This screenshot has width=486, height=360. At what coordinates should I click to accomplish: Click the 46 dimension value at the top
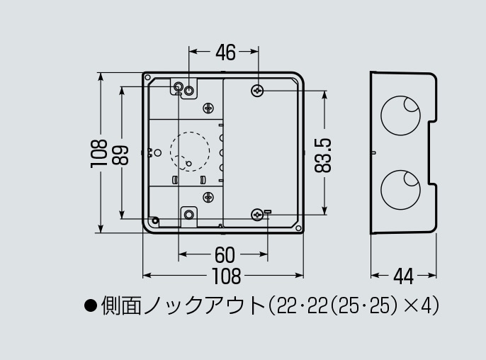[x=225, y=52]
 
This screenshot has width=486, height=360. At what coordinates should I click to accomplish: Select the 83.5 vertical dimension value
[x=323, y=155]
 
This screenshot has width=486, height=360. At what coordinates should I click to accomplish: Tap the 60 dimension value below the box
[x=225, y=255]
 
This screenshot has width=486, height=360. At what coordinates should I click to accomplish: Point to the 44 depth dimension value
[x=403, y=276]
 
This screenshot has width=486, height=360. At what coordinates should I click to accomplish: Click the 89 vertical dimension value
[x=120, y=155]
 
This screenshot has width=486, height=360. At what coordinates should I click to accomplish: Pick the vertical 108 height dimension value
[x=99, y=154]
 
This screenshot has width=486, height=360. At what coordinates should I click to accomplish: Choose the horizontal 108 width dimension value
[x=226, y=276]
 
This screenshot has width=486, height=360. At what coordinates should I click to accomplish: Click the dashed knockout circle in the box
[x=190, y=152]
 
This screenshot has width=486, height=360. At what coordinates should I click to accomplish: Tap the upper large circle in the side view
[x=400, y=116]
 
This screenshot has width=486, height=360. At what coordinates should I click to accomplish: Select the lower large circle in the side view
[x=400, y=189]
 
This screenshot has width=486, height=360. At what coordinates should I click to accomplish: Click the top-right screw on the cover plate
[x=257, y=91]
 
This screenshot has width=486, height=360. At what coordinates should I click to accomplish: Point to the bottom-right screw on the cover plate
[x=257, y=215]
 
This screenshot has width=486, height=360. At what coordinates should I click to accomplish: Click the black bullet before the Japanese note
[x=91, y=305]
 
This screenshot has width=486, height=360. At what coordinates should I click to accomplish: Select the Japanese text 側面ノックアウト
[x=183, y=305]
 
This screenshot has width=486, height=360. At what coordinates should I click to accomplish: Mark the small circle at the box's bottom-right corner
[x=298, y=228]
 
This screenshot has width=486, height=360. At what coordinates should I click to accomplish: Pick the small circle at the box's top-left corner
[x=148, y=77]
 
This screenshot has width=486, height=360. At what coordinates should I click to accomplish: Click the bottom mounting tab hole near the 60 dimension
[x=188, y=214]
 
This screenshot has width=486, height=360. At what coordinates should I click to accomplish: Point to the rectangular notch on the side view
[x=433, y=153]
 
